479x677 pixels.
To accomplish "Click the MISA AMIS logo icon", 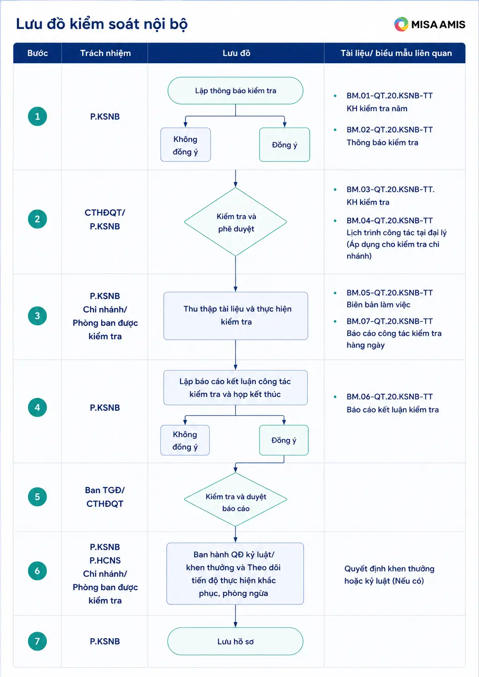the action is pyautogui.click(x=401, y=24).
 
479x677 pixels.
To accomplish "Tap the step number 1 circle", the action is pyautogui.click(x=37, y=116).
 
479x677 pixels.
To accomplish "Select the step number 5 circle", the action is pyautogui.click(x=37, y=496).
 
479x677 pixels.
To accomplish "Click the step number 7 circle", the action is pyautogui.click(x=37, y=641).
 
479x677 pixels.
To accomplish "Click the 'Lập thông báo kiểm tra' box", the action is pyautogui.click(x=235, y=91).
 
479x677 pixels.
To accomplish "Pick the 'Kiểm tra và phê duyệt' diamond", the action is pyautogui.click(x=235, y=222).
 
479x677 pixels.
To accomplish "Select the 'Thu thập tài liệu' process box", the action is pyautogui.click(x=236, y=316).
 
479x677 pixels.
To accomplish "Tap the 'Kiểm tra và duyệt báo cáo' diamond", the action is pyautogui.click(x=235, y=500).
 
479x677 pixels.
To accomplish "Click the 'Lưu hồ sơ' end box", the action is pyautogui.click(x=235, y=641).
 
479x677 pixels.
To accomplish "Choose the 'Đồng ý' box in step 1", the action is pyautogui.click(x=284, y=145).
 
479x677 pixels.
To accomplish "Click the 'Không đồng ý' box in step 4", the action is pyautogui.click(x=185, y=440).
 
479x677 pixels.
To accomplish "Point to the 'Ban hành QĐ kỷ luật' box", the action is pyautogui.click(x=235, y=574).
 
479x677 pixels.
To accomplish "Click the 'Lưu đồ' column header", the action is pyautogui.click(x=236, y=53).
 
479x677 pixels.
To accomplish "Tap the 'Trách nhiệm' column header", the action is pyautogui.click(x=105, y=53).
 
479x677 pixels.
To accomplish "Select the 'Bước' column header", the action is pyautogui.click(x=37, y=53).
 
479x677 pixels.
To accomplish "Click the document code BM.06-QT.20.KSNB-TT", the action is pyautogui.click(x=390, y=397).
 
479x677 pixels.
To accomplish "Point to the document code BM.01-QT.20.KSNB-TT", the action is pyautogui.click(x=390, y=95).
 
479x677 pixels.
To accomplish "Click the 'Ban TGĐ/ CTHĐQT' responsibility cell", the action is pyautogui.click(x=105, y=497).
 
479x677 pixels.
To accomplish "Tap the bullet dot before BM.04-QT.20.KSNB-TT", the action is pyautogui.click(x=335, y=221).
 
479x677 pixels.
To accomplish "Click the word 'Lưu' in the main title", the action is pyautogui.click(x=29, y=24).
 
